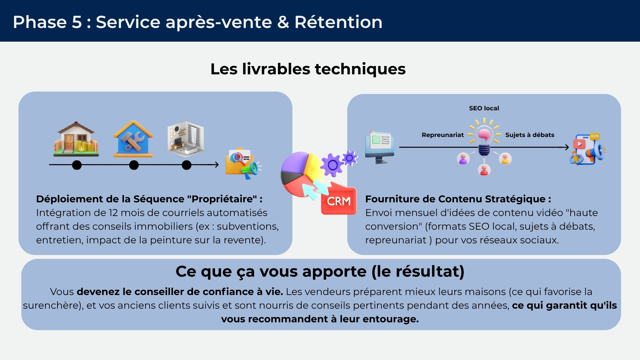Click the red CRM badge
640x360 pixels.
tap(339, 200)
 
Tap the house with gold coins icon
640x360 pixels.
tap(76, 139)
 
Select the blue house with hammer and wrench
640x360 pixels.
tap(133, 139)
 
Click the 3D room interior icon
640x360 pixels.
tap(186, 139)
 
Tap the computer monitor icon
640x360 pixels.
tap(380, 147)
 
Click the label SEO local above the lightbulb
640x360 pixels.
tap(484, 108)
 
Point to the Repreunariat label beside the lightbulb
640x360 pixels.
tap(443, 135)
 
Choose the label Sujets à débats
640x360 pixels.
tap(530, 135)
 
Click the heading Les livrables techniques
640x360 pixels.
tap(308, 69)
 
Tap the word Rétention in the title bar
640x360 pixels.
tap(338, 22)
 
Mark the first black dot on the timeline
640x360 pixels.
tap(77, 165)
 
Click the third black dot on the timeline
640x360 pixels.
tap(187, 165)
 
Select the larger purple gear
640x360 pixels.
tap(332, 165)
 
